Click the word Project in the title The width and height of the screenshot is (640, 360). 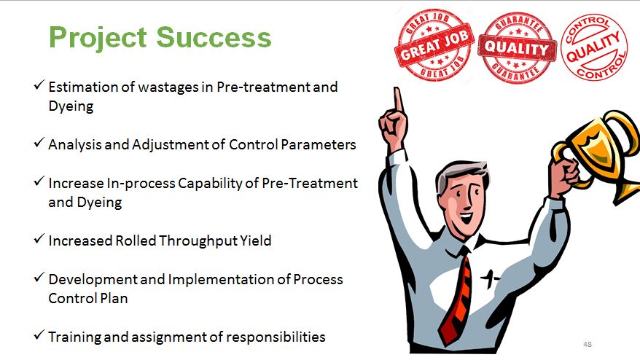(x=98, y=39)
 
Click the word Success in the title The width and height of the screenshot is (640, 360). (x=214, y=37)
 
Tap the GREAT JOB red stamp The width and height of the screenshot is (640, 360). (x=434, y=45)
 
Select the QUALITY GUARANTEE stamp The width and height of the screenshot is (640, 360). (x=517, y=48)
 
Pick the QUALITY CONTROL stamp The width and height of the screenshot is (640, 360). (x=594, y=47)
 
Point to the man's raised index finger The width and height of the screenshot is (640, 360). (x=397, y=100)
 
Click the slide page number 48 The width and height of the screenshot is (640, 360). (x=588, y=344)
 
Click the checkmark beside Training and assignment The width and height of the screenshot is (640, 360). (x=39, y=335)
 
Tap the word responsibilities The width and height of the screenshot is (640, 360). (x=276, y=337)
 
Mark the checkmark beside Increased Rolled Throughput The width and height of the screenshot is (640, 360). (x=39, y=239)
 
